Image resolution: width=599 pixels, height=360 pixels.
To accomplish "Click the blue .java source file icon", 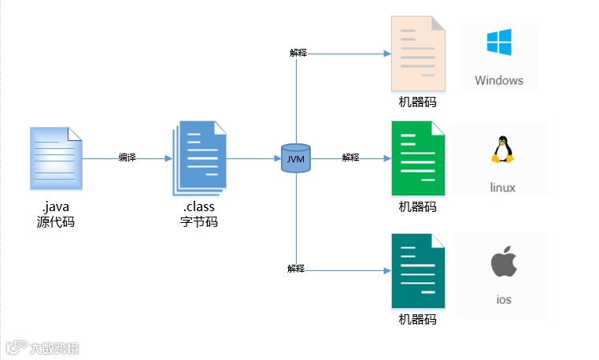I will coord(56,158).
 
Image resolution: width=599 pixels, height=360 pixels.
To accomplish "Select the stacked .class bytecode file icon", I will coord(199,158).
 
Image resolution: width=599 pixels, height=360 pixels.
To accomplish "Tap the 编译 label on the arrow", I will coord(127,158).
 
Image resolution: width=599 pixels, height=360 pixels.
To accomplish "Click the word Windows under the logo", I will coord(498,80).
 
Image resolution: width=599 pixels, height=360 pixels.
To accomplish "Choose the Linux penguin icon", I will coord(502,149).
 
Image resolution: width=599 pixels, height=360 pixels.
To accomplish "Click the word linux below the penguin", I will coord(502,187).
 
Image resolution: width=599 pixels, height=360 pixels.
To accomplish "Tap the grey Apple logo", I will coord(503,262).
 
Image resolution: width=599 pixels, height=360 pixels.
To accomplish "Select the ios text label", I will coord(504,299).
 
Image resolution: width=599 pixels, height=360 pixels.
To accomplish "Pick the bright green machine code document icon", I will coord(417,159).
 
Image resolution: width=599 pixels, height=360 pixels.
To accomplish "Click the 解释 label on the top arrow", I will coord(298,53).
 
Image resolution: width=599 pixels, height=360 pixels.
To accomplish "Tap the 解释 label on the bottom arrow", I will coord(296,269).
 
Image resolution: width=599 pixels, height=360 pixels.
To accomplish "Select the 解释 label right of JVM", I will coord(350,158).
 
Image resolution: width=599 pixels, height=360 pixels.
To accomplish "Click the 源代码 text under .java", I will coord(56,222).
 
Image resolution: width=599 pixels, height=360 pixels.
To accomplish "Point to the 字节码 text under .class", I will coord(199,222).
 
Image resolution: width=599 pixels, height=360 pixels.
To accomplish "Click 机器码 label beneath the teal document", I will coord(417,319).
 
